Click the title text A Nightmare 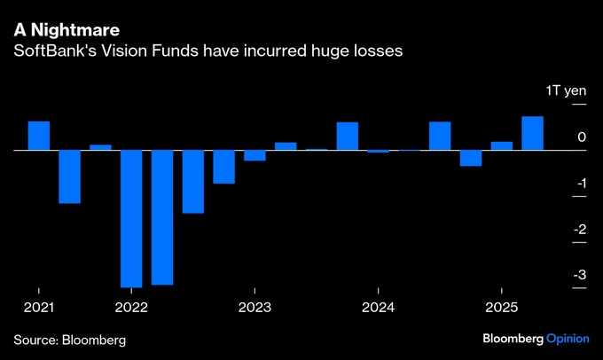coord(67,29)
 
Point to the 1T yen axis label coord(564,92)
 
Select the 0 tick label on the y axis coord(581,137)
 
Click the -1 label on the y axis coord(578,184)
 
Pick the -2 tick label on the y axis coord(578,230)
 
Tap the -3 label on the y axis coord(578,276)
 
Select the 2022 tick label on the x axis coord(131,307)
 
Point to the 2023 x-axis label coord(255,307)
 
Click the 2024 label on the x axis coord(378,307)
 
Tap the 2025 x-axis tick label coord(501,307)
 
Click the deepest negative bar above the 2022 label coord(131,218)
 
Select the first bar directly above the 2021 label coord(39,136)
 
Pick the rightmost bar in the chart coord(532,133)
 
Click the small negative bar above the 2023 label coord(255,155)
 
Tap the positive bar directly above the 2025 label coord(501,145)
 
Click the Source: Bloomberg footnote coord(69,340)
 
